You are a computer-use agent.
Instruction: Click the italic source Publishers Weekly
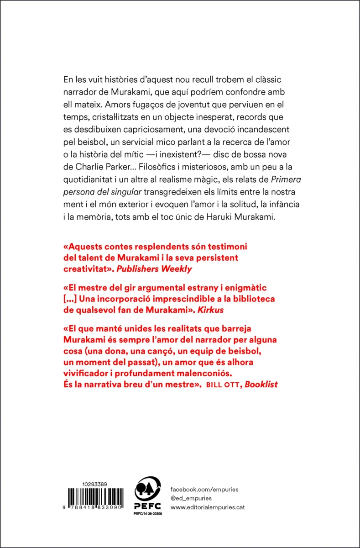coord(154,269)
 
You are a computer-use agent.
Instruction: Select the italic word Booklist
coord(261,384)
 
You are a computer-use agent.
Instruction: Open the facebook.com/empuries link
coord(204,490)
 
